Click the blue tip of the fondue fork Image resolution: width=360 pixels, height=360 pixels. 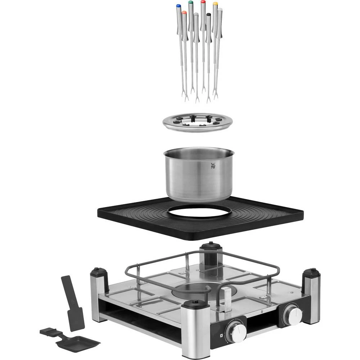[179, 6]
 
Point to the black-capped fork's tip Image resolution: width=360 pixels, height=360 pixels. [208, 15]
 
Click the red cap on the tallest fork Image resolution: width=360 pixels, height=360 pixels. [203, 2]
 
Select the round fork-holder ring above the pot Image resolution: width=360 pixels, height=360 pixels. [196, 123]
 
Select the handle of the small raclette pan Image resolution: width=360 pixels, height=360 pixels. [48, 331]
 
